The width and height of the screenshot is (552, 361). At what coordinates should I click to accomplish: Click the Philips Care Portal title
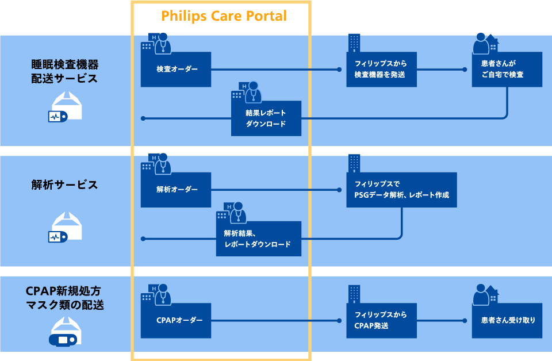point(224,16)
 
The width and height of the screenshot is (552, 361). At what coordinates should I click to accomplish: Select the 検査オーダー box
point(177,70)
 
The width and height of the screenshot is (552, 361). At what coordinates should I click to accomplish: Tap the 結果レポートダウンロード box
point(266,118)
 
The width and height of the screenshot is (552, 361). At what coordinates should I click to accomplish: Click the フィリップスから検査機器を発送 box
point(381,70)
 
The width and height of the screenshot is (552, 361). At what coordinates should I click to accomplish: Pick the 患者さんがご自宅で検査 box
point(507,70)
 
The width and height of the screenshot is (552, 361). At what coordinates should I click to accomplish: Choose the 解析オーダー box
point(177,190)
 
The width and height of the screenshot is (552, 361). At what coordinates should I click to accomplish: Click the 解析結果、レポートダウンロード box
point(258,239)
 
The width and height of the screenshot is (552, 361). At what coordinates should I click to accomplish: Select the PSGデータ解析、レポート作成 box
point(401,190)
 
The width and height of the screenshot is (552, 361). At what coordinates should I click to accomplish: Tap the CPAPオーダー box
point(177,320)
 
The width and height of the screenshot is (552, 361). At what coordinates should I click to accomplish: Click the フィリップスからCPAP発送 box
point(381,320)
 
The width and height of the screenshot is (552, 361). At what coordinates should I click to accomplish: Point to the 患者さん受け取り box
point(507,320)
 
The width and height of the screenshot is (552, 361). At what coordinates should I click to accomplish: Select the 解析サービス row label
point(64,185)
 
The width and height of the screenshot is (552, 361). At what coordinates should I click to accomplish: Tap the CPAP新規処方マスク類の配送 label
point(64,298)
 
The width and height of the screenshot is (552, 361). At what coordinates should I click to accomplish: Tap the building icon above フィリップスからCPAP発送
point(354,294)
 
